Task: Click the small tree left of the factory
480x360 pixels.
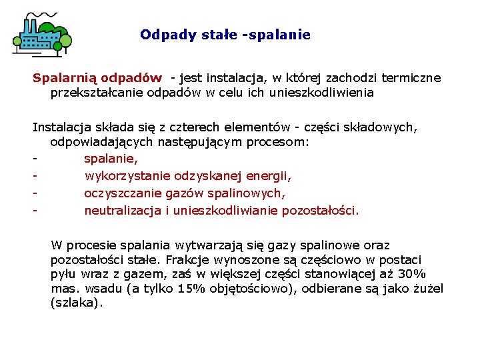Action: pos(17,45)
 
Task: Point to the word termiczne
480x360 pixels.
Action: pos(409,78)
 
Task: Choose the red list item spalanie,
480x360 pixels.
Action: pos(111,159)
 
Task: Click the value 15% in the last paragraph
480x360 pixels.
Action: pos(191,289)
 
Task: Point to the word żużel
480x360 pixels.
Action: pos(427,289)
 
